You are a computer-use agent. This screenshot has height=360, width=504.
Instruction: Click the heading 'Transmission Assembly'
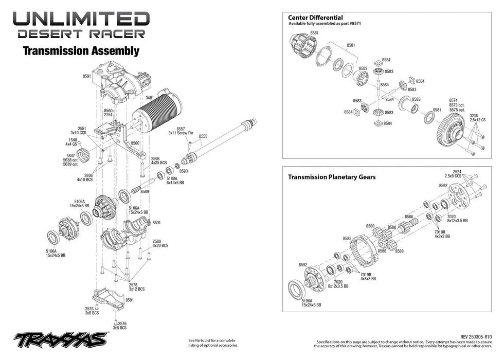[x=81, y=51]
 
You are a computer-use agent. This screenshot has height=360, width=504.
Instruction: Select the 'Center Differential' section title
[x=315, y=18]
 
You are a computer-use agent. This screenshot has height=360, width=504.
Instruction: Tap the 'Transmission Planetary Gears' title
[x=332, y=177]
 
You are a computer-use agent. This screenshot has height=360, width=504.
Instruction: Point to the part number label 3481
[x=150, y=97]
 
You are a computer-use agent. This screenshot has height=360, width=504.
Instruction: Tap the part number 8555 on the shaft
[x=203, y=136]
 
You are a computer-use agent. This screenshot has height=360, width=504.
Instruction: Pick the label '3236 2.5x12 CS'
[x=477, y=118]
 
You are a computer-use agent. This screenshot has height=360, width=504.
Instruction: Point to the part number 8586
[x=409, y=217]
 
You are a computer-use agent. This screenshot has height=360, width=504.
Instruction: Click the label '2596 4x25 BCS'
[x=158, y=160]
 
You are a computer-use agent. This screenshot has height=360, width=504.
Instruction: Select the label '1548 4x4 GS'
[x=71, y=142]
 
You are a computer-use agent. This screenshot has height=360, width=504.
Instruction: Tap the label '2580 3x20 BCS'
[x=160, y=243]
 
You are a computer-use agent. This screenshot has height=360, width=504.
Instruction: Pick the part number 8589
[x=145, y=191]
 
